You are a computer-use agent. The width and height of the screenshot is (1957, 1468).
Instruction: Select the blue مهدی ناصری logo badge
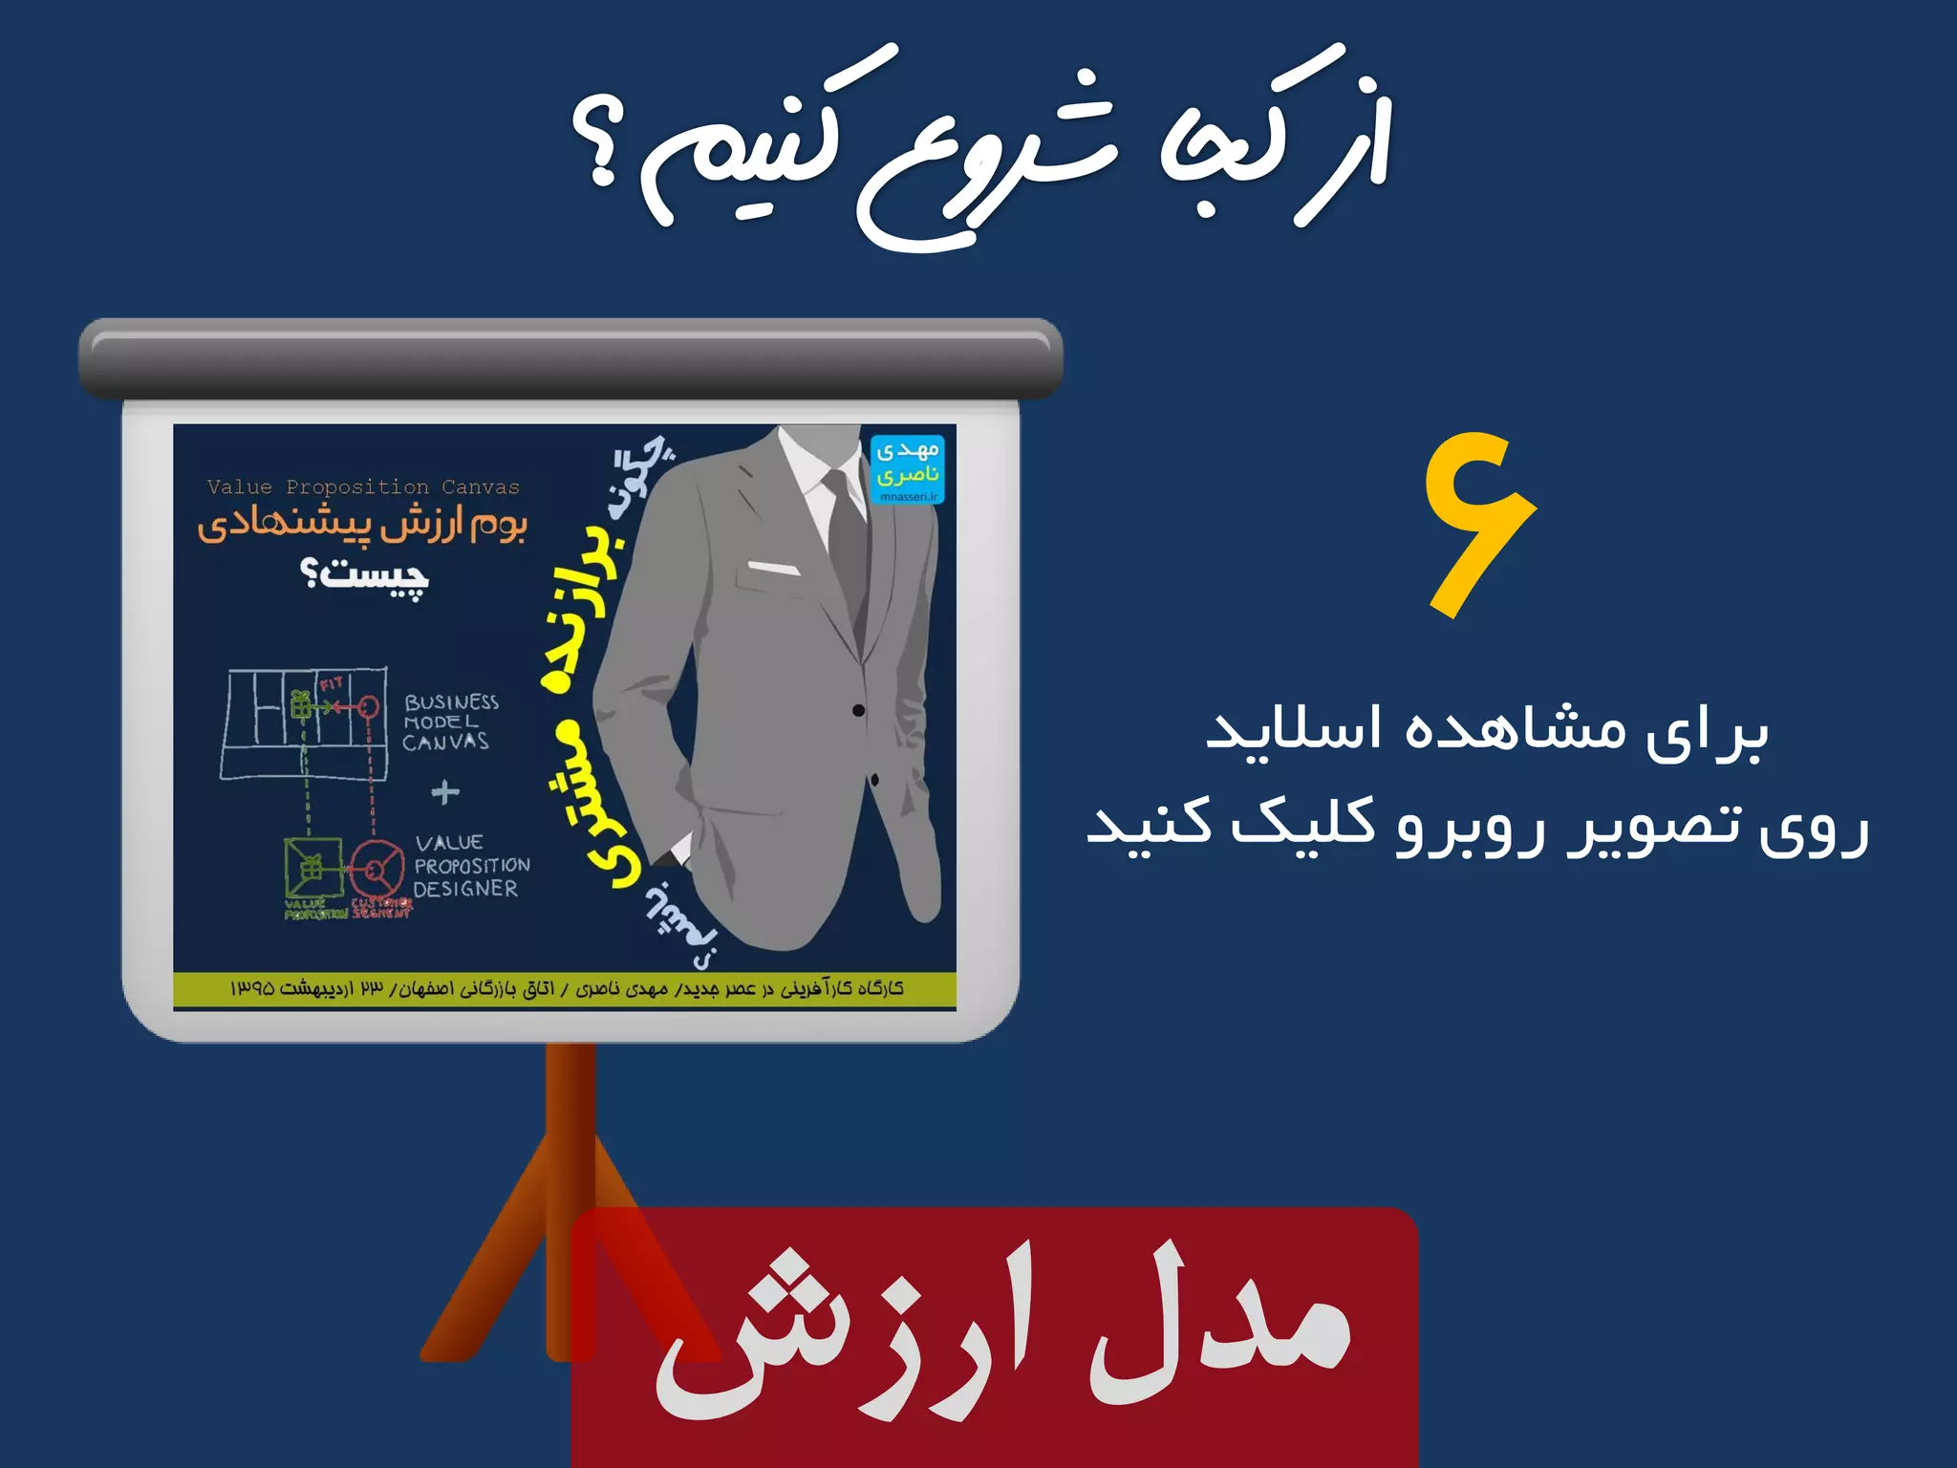click(x=907, y=468)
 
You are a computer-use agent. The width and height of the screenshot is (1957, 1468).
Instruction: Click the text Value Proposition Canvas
click(x=363, y=487)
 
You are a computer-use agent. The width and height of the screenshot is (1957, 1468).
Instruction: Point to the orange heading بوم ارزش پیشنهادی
click(x=363, y=525)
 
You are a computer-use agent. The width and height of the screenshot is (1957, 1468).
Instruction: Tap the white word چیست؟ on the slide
click(x=365, y=575)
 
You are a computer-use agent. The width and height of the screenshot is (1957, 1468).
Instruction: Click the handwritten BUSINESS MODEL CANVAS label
click(x=449, y=723)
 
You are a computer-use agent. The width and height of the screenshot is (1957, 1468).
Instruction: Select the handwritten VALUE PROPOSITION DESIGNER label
click(x=470, y=866)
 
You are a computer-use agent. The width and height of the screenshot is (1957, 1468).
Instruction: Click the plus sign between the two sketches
click(x=445, y=792)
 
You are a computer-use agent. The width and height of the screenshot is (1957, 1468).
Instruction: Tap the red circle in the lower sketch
click(x=375, y=870)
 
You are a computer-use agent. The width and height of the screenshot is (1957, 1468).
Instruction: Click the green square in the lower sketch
click(x=312, y=868)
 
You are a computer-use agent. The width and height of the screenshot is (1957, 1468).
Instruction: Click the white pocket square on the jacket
click(x=772, y=570)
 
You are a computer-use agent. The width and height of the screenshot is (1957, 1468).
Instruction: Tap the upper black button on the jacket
click(x=858, y=710)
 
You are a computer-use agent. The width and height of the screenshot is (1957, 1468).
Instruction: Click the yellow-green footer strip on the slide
click(x=564, y=989)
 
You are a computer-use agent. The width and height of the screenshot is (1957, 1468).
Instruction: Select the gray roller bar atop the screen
click(x=570, y=357)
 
